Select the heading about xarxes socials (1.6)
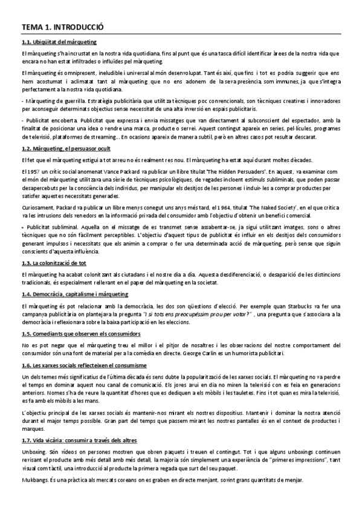pos(84,365)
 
